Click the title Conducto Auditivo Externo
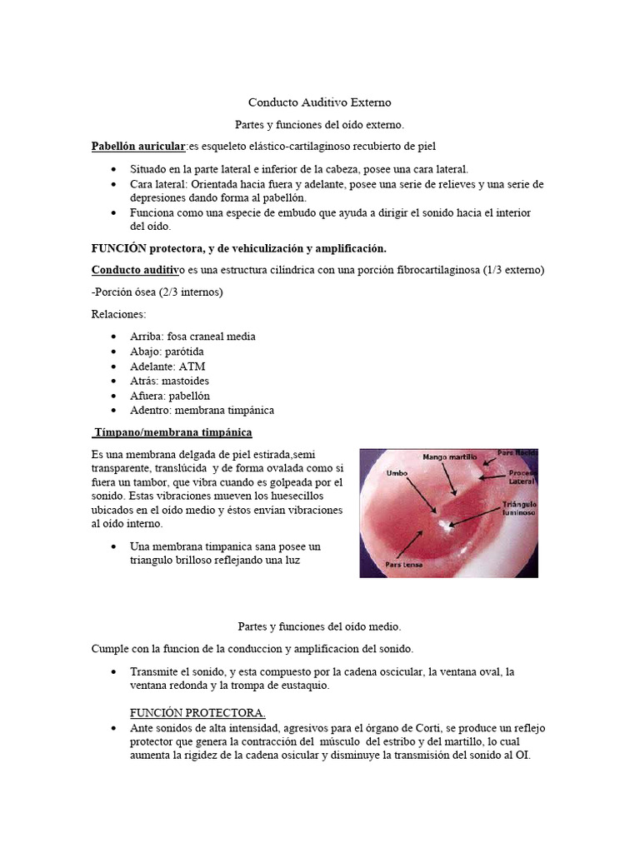[319, 102]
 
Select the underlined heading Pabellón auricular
[137, 147]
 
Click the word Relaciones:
[118, 314]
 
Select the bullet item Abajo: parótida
[167, 352]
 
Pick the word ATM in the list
[191, 367]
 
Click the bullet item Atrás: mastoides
[169, 381]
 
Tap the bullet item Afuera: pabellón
[170, 396]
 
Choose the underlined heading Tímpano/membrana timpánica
[172, 433]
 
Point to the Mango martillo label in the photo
[450, 457]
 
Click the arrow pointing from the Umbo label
[420, 495]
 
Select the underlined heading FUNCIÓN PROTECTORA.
[197, 713]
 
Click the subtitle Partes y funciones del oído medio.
[319, 626]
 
